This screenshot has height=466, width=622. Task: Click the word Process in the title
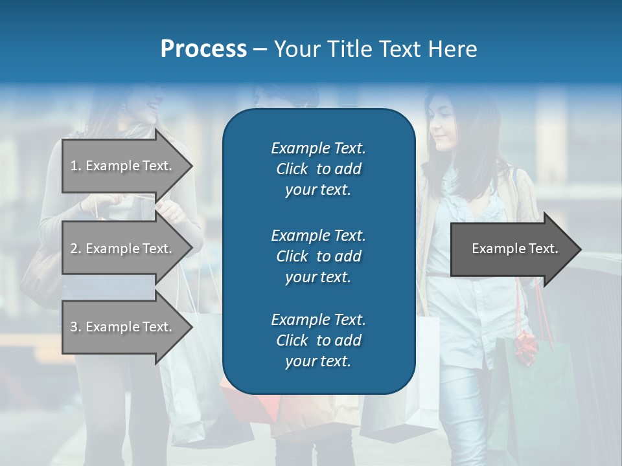pyautogui.click(x=203, y=49)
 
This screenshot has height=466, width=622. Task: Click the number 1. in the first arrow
pyautogui.click(x=76, y=166)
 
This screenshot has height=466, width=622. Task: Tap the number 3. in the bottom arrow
pyautogui.click(x=76, y=327)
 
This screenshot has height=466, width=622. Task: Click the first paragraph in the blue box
pyautogui.click(x=318, y=169)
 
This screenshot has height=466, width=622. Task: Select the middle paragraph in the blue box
pyautogui.click(x=318, y=256)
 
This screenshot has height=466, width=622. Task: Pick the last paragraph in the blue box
pyautogui.click(x=318, y=340)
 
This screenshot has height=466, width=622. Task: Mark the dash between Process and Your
pyautogui.click(x=260, y=50)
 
